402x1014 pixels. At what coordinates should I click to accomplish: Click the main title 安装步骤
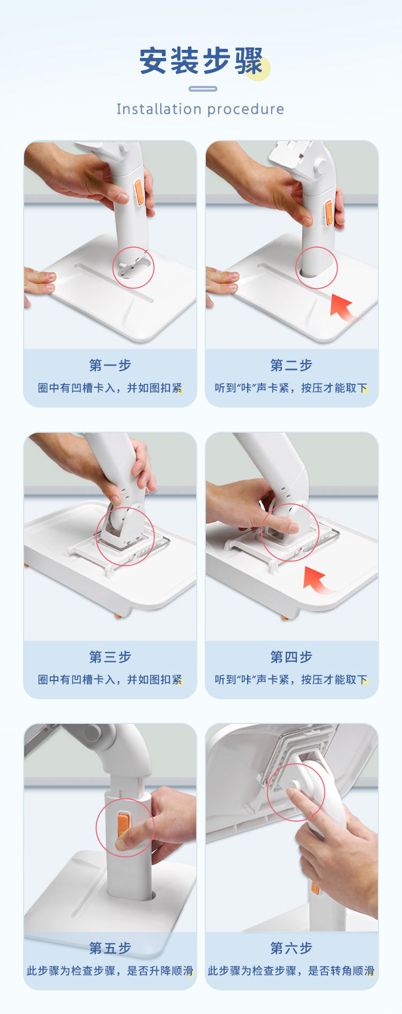tap(201, 61)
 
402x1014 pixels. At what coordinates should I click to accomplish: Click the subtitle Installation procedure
tap(200, 109)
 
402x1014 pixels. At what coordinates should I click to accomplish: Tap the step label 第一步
tap(110, 365)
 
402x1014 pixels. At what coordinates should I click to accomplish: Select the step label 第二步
tap(291, 365)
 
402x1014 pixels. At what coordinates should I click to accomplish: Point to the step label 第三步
tap(110, 657)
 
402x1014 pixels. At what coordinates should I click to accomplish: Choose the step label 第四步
tap(291, 657)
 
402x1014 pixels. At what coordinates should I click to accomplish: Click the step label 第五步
tap(110, 948)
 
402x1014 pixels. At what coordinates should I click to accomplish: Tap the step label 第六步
tap(291, 948)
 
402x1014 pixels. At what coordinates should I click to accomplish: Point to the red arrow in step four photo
tap(317, 581)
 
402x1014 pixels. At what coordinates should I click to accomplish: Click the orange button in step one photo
tap(139, 193)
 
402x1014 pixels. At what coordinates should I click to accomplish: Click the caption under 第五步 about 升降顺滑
tap(110, 971)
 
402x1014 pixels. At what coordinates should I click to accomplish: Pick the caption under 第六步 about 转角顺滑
tap(291, 971)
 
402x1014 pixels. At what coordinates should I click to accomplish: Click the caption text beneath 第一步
tap(110, 388)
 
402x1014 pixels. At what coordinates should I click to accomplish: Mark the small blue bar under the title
tap(203, 89)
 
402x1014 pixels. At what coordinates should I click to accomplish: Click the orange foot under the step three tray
tap(118, 616)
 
